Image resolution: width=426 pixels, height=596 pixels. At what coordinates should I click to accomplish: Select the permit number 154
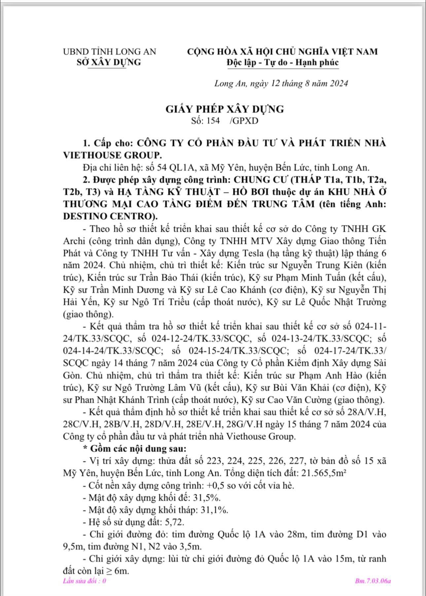pyautogui.click(x=213, y=121)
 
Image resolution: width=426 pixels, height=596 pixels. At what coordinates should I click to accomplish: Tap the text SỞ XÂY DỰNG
pyautogui.click(x=109, y=62)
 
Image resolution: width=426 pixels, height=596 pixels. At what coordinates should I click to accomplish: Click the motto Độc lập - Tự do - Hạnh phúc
pyautogui.click(x=282, y=62)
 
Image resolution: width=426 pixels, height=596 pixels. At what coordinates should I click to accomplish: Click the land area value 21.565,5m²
pyautogui.click(x=323, y=473)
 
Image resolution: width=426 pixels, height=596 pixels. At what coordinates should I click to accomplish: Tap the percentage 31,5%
pyautogui.click(x=209, y=498)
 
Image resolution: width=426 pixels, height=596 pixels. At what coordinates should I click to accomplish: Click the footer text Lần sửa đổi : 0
pyautogui.click(x=85, y=581)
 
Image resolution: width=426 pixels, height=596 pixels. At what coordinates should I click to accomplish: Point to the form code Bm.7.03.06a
pyautogui.click(x=373, y=581)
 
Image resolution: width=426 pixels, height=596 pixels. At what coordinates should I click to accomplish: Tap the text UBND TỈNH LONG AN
pyautogui.click(x=110, y=51)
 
